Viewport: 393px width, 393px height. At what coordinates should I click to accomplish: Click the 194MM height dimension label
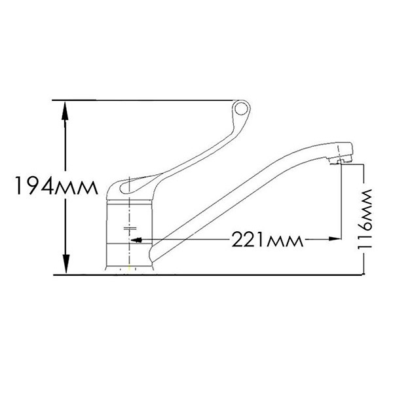(54, 187)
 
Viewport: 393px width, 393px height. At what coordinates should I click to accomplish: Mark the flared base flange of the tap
(132, 269)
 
